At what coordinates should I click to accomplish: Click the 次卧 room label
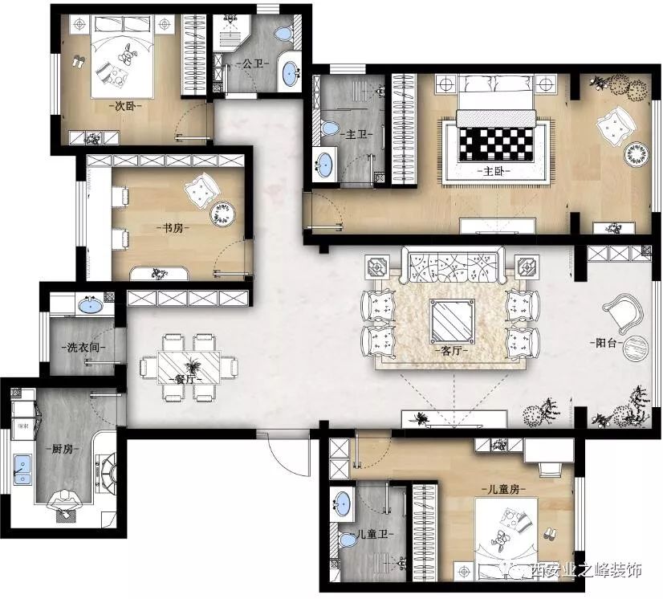pyautogui.click(x=125, y=106)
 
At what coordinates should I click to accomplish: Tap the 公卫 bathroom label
pyautogui.click(x=252, y=63)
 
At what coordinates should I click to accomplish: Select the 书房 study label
pyautogui.click(x=174, y=228)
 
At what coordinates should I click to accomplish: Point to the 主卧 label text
pyautogui.click(x=494, y=171)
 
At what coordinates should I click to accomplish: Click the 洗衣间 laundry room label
pyautogui.click(x=84, y=348)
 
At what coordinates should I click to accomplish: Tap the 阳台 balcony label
pyautogui.click(x=606, y=343)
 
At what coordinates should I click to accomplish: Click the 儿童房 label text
pyautogui.click(x=503, y=490)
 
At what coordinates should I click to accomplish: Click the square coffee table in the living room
pyautogui.click(x=452, y=320)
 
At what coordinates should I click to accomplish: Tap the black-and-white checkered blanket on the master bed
pyautogui.click(x=496, y=145)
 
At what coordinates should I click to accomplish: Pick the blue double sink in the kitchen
pyautogui.click(x=22, y=470)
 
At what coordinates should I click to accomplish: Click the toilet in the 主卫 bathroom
pyautogui.click(x=330, y=128)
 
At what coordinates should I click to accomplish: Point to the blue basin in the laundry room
pyautogui.click(x=91, y=304)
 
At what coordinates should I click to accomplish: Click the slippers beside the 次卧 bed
pyautogui.click(x=78, y=62)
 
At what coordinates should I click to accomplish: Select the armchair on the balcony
pyautogui.click(x=623, y=312)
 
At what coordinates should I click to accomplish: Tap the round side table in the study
pyautogui.click(x=223, y=214)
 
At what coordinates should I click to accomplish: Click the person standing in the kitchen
pyautogui.click(x=64, y=504)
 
